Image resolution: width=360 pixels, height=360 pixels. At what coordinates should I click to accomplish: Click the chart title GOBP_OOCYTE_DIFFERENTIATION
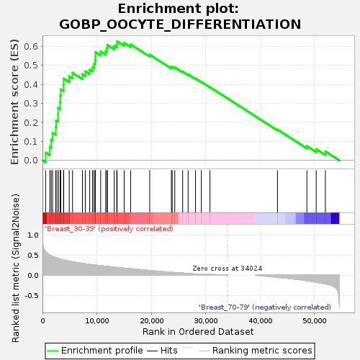[x=180, y=24]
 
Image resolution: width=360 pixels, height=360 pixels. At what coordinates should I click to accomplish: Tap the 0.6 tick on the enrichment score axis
[x=31, y=46]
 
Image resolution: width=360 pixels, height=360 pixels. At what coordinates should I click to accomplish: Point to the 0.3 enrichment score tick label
[x=31, y=104]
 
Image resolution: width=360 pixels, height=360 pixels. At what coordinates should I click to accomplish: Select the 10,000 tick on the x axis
[x=97, y=320]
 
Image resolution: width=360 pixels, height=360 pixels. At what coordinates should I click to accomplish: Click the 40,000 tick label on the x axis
[x=261, y=320]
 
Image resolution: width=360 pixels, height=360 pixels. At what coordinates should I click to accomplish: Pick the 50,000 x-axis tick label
[x=315, y=320]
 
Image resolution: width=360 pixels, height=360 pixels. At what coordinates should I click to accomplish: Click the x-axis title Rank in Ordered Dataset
[x=198, y=332]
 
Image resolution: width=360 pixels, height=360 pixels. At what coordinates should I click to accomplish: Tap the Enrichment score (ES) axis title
[x=14, y=102]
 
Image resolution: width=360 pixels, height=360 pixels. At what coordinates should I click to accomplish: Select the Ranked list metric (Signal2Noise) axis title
[x=15, y=268]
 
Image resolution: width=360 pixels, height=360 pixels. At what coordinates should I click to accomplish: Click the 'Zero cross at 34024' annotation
[x=228, y=269]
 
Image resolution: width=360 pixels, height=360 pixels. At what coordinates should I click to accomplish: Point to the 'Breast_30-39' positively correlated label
[x=109, y=228]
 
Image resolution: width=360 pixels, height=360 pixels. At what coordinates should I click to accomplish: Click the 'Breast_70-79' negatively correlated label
[x=265, y=307]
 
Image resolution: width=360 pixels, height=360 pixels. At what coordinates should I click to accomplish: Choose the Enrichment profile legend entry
[x=95, y=351]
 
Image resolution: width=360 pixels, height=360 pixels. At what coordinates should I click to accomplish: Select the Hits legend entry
[x=162, y=351]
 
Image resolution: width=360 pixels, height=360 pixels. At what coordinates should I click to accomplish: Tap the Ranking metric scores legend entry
[x=256, y=351]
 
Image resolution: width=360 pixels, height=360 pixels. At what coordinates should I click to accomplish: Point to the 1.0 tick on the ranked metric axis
[x=33, y=235]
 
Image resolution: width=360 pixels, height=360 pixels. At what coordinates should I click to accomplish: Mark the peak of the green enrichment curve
[x=117, y=42]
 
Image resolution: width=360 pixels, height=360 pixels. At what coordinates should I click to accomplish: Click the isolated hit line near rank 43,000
[x=277, y=192]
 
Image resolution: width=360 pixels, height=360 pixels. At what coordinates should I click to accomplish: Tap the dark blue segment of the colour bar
[x=335, y=218]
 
